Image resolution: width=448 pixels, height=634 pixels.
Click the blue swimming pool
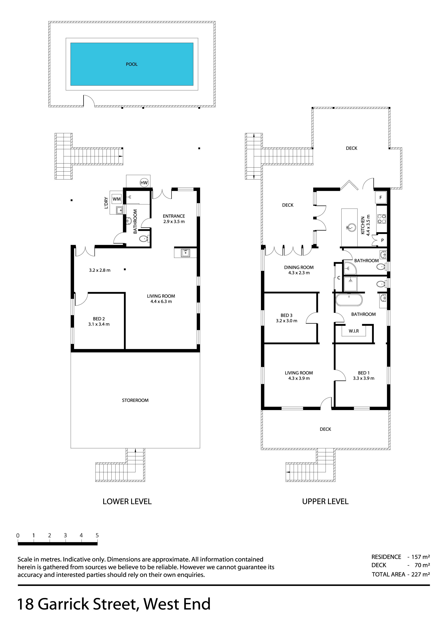tap(132, 64)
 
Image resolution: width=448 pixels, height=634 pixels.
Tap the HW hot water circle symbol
tap(144, 183)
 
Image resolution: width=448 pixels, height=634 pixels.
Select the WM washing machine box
tap(117, 199)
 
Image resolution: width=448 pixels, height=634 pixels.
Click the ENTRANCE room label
tap(174, 216)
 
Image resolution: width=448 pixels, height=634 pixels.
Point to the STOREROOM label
tap(135, 400)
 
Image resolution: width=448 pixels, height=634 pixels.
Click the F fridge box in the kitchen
tap(381, 197)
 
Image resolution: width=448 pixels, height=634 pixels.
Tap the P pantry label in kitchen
tap(382, 240)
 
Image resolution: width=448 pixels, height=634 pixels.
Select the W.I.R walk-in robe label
tap(354, 331)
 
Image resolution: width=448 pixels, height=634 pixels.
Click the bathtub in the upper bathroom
tap(349, 300)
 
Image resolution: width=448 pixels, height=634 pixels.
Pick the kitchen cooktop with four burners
tap(382, 219)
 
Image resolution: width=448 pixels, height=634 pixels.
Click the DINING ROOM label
tap(299, 267)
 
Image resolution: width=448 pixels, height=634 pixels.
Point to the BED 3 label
tap(287, 315)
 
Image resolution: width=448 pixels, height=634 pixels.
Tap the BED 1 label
tap(364, 373)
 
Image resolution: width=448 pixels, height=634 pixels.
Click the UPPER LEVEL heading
tap(326, 502)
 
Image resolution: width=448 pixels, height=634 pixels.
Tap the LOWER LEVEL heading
tap(127, 502)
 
